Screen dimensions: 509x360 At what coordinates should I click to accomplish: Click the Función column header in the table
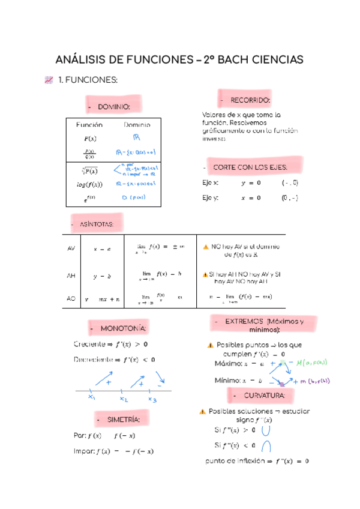pos(89,125)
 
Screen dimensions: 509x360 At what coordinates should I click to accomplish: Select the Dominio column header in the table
pos(137,125)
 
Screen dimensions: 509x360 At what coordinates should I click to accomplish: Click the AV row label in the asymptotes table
pos(71,247)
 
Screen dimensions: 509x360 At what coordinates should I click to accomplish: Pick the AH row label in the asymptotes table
pos(71,276)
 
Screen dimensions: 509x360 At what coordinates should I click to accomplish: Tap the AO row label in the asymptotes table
pos(71,298)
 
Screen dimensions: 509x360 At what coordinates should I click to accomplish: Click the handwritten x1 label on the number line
pos(92,397)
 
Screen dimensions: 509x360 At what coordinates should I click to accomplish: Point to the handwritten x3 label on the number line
pos(152,399)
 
